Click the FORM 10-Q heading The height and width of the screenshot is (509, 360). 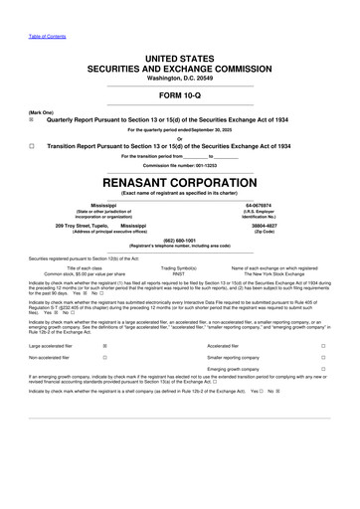point(180,95)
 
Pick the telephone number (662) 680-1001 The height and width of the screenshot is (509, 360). point(180,240)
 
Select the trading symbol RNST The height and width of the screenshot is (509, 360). point(179,272)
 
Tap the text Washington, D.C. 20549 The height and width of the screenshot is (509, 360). point(180,78)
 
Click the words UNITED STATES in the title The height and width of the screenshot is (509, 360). point(180,59)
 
